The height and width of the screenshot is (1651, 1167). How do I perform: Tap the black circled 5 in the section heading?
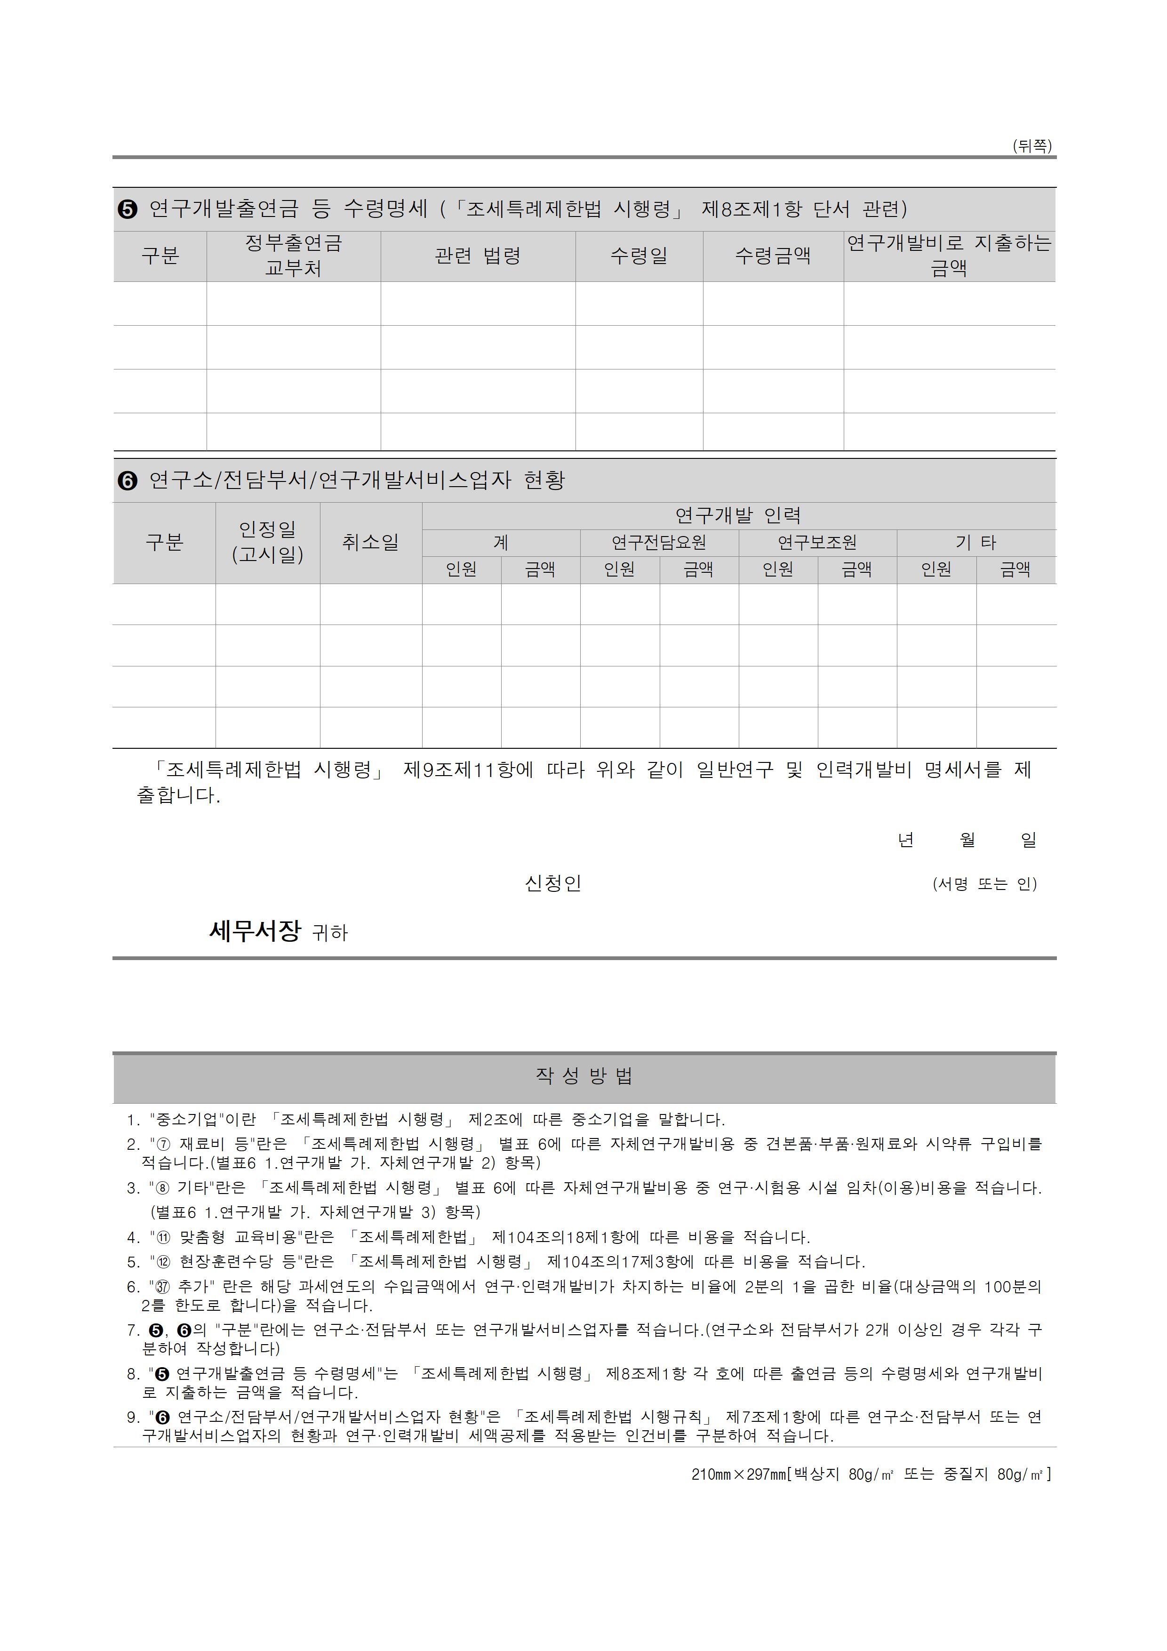point(127,209)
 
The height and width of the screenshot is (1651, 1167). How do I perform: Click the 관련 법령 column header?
point(478,256)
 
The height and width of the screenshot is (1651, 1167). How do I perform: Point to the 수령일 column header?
point(639,256)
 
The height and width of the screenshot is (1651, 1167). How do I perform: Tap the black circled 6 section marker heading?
point(127,481)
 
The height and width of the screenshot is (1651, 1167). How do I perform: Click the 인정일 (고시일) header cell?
point(267,542)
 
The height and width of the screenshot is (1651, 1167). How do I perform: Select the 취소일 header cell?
point(370,542)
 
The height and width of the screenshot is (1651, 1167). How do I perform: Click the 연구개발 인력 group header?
point(738,515)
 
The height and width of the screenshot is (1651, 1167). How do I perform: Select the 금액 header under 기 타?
point(1015,569)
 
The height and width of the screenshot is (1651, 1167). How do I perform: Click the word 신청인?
point(552,883)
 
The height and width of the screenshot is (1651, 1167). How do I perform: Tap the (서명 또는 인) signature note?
point(984,884)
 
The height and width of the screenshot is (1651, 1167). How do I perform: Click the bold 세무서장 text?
point(255,931)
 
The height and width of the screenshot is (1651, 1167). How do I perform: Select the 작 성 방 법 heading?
point(584,1076)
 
